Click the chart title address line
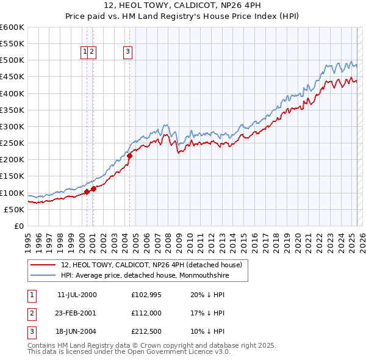(182, 5)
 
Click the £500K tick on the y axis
(12, 60)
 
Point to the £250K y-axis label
(12, 143)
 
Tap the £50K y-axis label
(14, 209)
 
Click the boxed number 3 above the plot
(128, 52)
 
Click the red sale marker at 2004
(130, 156)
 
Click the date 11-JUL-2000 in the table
(77, 295)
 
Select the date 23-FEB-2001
(77, 313)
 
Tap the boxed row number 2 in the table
(32, 313)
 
